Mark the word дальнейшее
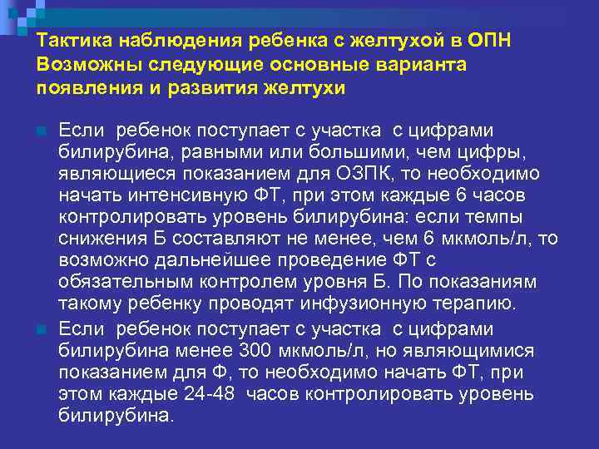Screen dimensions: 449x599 point(204,261)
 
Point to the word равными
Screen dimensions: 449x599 point(201,153)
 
